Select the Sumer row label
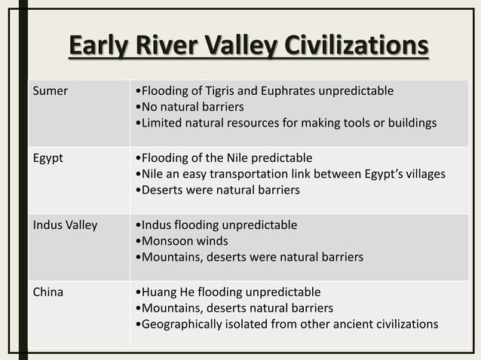click(x=50, y=91)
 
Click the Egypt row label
click(x=47, y=158)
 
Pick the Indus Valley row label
click(x=65, y=225)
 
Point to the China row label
click(x=47, y=292)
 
